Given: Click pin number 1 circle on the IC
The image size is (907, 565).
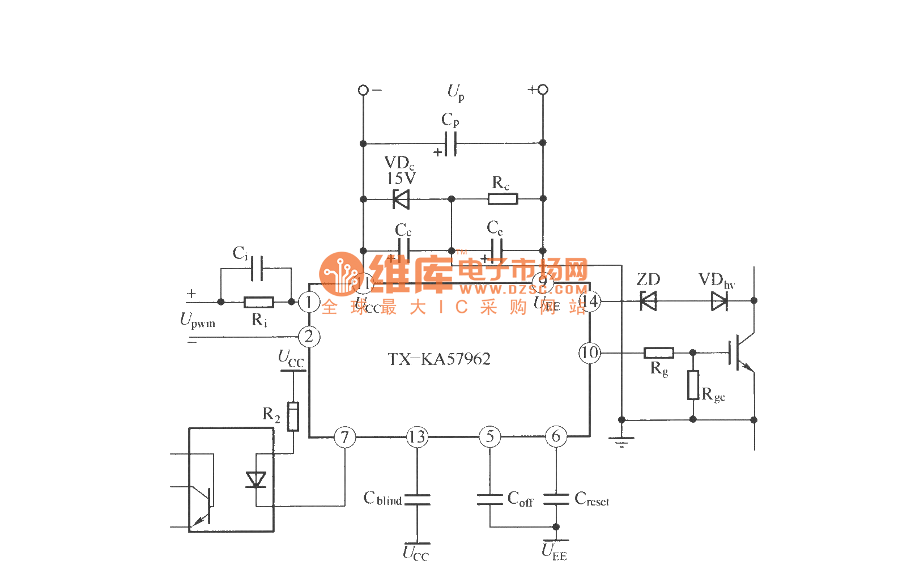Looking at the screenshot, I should click(x=309, y=302).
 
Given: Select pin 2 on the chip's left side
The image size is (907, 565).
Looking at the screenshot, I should click(x=309, y=337).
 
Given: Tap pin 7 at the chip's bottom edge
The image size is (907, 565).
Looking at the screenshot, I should click(x=344, y=437).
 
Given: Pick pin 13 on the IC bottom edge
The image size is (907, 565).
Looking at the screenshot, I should click(x=417, y=437).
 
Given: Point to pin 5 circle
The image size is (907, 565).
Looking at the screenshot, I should click(x=490, y=437).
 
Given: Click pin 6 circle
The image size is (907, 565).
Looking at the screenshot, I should click(x=556, y=437).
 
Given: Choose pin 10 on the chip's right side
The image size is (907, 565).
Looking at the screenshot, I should click(x=589, y=352).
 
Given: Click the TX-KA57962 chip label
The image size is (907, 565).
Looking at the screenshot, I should click(x=439, y=359).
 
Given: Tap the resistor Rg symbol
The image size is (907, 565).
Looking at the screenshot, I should click(x=659, y=352).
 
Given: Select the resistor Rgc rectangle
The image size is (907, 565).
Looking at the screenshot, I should click(x=693, y=385).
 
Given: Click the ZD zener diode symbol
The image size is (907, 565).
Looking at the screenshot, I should click(x=648, y=301).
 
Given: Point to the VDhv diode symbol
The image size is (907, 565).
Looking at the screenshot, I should click(x=719, y=301).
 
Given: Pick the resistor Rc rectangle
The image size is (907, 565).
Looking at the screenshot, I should click(x=503, y=199).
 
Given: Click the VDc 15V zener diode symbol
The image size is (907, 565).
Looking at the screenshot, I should click(x=401, y=199).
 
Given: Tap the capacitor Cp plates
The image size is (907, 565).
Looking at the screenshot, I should click(x=450, y=143).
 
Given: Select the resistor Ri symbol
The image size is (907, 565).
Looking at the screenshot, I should click(x=259, y=302).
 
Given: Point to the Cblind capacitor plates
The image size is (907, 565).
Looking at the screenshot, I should click(x=417, y=500).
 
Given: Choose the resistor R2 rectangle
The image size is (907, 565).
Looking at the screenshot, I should click(x=293, y=417).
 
